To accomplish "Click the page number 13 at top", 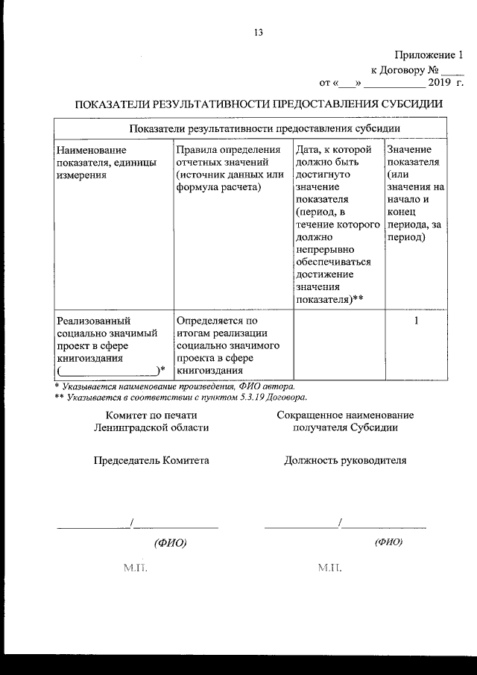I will click(258, 32).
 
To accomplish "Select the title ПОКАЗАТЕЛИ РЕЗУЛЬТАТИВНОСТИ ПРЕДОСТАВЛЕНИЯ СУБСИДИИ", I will click(259, 104).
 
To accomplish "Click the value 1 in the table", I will click(416, 321).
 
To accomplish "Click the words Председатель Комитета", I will click(151, 460).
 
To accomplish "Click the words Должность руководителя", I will click(345, 460).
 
